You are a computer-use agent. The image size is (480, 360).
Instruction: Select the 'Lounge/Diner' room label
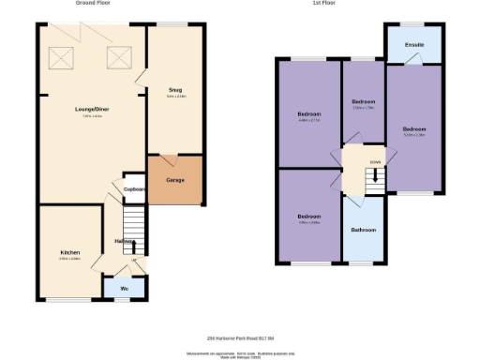[92, 110]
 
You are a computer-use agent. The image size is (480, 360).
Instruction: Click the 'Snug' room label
[175, 90]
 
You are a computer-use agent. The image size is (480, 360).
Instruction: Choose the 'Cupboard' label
[135, 188]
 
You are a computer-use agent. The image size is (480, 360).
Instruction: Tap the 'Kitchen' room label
[70, 252]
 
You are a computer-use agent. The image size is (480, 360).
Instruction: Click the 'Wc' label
[125, 289]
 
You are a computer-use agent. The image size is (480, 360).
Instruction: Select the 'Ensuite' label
[413, 44]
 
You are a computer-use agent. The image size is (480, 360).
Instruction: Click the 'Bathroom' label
[363, 230]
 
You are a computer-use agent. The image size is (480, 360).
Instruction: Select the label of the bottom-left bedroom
[308, 217]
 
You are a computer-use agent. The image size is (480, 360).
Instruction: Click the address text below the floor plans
[239, 338]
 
